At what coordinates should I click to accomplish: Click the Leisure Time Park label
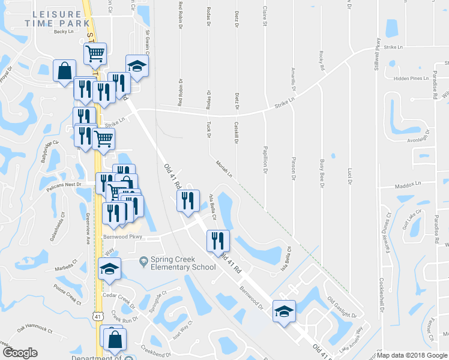53,18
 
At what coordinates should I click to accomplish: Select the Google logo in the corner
20,353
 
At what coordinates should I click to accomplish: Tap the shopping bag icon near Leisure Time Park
64,71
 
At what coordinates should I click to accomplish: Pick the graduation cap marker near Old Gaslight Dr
285,311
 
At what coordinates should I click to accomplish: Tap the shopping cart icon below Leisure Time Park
95,54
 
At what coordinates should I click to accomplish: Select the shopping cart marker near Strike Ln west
104,139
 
